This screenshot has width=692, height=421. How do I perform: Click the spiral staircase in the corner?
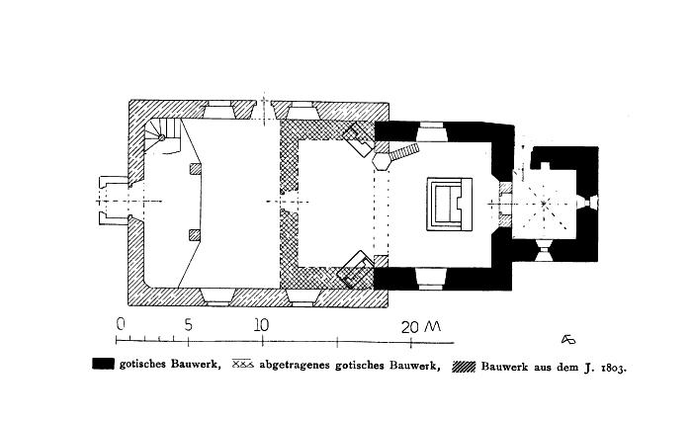click(x=162, y=136)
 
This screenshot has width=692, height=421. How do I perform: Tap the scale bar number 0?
click(x=121, y=324)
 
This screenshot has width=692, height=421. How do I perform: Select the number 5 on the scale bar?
click(x=189, y=325)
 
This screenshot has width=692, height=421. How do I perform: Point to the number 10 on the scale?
click(x=261, y=325)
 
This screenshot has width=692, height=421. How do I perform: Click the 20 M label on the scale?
click(x=421, y=326)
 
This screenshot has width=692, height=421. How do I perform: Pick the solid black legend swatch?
click(x=103, y=364)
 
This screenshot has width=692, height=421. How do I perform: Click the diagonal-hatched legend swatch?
click(x=464, y=367)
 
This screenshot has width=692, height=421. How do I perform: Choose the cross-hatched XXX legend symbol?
click(x=243, y=364)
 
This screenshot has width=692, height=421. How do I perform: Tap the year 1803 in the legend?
click(x=613, y=368)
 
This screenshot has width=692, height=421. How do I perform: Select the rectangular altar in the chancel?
click(x=449, y=204)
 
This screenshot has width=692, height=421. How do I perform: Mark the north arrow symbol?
click(x=568, y=339)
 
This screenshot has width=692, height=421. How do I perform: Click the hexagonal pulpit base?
click(x=382, y=161)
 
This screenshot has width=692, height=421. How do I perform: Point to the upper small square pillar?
click(x=195, y=169)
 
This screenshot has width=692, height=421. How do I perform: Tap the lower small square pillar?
click(x=195, y=235)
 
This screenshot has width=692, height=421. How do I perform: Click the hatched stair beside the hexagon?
click(x=404, y=152)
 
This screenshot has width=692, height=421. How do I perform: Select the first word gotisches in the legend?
click(x=142, y=365)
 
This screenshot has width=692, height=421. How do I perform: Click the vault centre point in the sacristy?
click(x=545, y=204)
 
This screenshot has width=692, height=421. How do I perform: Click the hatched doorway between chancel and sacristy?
click(x=505, y=204)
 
